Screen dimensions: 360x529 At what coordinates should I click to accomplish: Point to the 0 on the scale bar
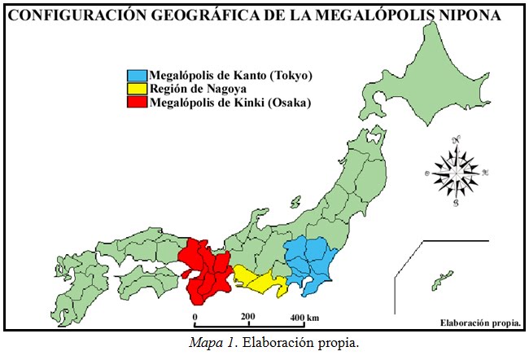click(x=195, y=316)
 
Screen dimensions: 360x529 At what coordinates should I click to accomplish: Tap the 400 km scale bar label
click(x=304, y=316)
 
